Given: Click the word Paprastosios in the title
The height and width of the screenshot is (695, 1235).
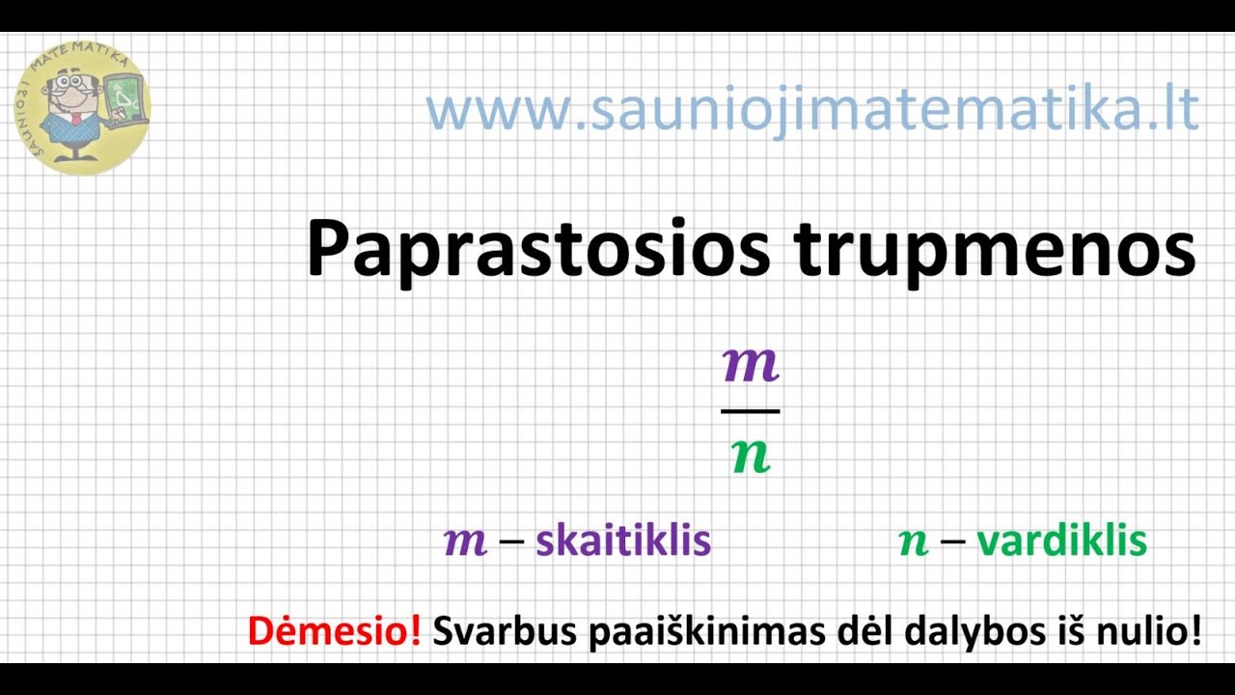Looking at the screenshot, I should tap(537, 249).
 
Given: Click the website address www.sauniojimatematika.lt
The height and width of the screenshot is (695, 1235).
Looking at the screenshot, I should tap(811, 109).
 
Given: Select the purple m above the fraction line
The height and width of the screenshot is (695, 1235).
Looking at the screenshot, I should tap(751, 366).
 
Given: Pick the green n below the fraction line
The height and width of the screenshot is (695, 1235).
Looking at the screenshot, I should tap(751, 455).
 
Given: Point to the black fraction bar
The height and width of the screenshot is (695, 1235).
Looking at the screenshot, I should tap(751, 411).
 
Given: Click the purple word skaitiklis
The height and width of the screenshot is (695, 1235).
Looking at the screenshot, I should tap(623, 542).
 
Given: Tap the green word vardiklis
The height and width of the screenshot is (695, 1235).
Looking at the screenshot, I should tap(1061, 542).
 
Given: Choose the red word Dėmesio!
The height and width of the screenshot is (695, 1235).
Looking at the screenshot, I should tap(334, 631).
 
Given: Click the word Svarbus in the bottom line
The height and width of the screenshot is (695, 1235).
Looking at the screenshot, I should tap(491, 631).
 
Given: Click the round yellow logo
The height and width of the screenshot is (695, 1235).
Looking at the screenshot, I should tap(82, 107).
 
